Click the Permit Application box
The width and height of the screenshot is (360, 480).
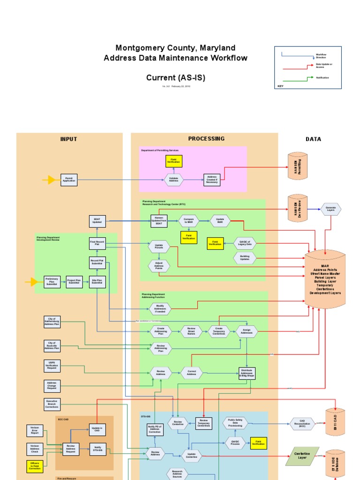pos(69,180)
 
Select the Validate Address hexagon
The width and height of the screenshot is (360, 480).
pos(173,180)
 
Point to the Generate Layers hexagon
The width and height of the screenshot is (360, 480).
pos(331,209)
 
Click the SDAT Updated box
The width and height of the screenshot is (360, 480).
pos(97,221)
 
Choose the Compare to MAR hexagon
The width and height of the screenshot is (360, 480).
pos(188,221)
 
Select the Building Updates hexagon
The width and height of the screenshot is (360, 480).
pos(245,258)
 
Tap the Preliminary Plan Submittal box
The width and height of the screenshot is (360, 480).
pos(52,282)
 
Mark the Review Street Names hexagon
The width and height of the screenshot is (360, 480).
pos(191,331)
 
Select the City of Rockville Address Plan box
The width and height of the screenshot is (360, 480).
pos(52,346)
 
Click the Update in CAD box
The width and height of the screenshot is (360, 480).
pos(97,430)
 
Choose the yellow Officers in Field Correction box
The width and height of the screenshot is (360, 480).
pos(35,466)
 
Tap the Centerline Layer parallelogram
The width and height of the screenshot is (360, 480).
pos(302,456)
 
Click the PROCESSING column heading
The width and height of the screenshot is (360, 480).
pos(206,139)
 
